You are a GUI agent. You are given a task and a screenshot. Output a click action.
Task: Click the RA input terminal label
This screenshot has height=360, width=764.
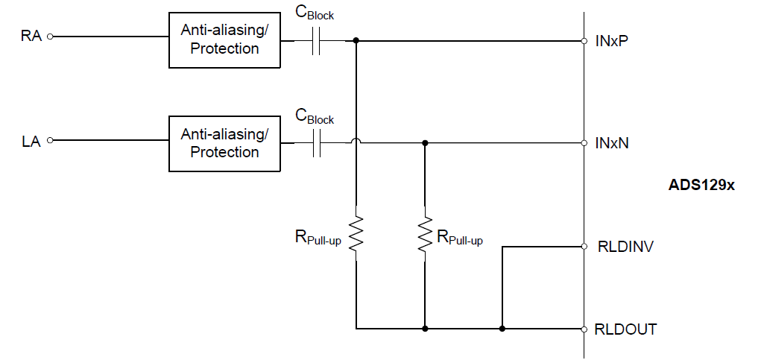click(x=31, y=36)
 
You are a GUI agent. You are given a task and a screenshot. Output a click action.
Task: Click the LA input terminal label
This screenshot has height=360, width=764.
click(x=31, y=142)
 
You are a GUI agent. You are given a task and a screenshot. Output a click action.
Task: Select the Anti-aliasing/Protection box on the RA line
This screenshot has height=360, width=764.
click(x=224, y=40)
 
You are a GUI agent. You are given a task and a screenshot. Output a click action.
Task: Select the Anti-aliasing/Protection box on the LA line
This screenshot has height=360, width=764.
click(x=224, y=144)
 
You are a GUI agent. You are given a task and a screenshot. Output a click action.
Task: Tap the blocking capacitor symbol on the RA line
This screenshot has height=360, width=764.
click(x=316, y=42)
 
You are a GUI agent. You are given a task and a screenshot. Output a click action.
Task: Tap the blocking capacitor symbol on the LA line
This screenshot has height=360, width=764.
click(x=316, y=143)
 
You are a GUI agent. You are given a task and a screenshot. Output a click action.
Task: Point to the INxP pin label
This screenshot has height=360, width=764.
click(x=611, y=41)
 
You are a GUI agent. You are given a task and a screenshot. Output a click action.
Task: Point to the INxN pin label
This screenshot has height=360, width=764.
click(x=612, y=143)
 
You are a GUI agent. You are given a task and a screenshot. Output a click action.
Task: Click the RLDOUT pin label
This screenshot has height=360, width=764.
click(x=625, y=329)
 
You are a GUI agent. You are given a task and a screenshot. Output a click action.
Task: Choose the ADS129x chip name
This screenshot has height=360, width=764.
click(x=701, y=185)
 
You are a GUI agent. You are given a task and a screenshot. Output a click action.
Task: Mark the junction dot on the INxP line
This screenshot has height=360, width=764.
click(x=356, y=40)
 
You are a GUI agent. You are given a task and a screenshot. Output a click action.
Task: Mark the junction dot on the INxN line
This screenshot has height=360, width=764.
click(x=425, y=143)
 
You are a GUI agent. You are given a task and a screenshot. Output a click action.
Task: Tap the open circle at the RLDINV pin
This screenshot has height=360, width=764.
click(x=584, y=247)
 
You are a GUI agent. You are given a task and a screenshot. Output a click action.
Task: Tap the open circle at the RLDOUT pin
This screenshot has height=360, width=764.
click(x=584, y=329)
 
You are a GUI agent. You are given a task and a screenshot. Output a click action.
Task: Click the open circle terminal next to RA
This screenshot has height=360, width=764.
click(x=50, y=36)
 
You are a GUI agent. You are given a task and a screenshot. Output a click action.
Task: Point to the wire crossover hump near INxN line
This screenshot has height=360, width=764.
click(x=356, y=142)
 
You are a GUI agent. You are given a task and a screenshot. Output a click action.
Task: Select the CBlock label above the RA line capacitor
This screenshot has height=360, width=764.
click(x=315, y=13)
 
